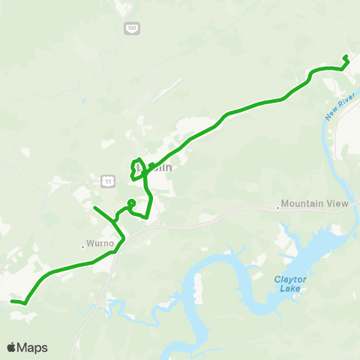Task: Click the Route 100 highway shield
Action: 131,28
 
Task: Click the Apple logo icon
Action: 12,347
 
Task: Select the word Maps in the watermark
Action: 33,347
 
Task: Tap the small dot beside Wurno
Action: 83,244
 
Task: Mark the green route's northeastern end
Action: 345,57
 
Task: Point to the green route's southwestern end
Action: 12,301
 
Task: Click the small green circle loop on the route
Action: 131,202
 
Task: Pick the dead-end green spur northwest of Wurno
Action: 94,207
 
